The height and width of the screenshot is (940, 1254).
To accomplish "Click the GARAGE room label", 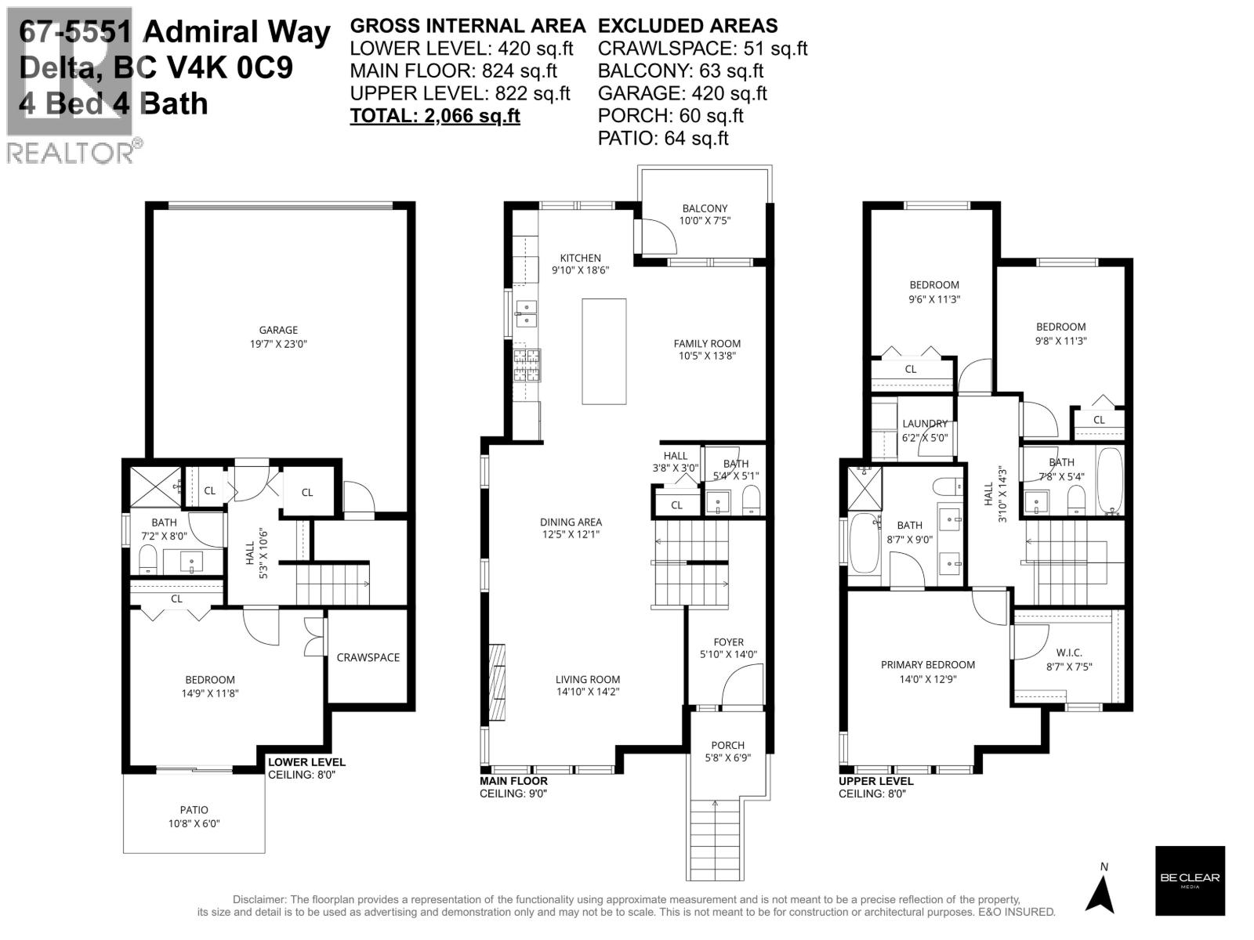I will [x=278, y=331].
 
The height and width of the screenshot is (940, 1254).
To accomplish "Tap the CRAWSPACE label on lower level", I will [x=368, y=657].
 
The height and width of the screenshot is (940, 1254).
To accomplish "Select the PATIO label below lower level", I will [x=194, y=810].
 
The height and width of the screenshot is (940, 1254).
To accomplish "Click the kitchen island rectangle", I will [x=603, y=351].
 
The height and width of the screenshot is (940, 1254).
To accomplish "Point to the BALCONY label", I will [x=705, y=208].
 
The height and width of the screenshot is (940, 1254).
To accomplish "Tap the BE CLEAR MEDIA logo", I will [x=1190, y=880].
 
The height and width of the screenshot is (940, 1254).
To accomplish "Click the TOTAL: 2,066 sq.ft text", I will [x=435, y=116].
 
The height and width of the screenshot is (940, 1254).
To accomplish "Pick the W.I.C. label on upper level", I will [x=1069, y=653].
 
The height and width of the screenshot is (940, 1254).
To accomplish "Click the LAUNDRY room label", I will [x=925, y=424].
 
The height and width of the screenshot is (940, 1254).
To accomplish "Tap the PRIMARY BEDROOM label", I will [x=928, y=665].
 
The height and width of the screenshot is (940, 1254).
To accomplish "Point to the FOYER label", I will [x=728, y=642].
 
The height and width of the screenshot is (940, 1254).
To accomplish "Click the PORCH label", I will [x=727, y=745].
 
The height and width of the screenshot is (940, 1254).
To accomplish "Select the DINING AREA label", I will [x=571, y=522].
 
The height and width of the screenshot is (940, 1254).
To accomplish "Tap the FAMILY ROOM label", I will [x=707, y=343].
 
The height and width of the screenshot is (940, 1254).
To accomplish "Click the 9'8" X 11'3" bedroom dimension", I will [x=1061, y=341].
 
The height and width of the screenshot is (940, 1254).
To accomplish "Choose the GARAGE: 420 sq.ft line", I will [x=682, y=93].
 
